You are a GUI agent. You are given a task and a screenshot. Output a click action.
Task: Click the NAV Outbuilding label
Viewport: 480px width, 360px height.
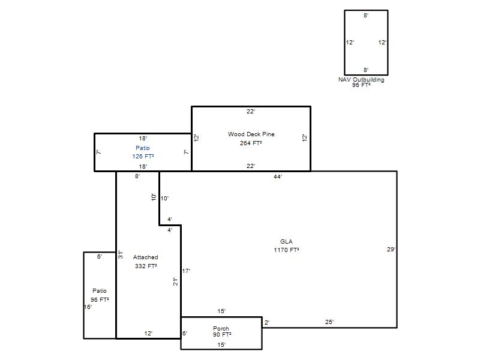tap(361, 80)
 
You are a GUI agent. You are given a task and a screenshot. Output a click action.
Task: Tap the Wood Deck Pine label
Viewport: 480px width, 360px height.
tap(251, 134)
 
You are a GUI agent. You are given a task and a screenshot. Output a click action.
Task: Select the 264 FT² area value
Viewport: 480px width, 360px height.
tap(251, 143)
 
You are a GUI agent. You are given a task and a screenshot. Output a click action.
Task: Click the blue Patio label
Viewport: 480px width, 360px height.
tap(143, 148)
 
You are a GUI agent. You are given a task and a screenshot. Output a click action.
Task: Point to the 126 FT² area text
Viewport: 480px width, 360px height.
tap(143, 157)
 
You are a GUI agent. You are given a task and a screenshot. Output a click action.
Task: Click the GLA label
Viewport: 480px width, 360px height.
tap(286, 242)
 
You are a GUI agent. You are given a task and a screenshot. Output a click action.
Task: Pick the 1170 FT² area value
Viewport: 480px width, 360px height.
tap(286, 250)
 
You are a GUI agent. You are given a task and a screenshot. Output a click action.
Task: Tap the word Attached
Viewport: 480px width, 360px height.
tap(145, 257)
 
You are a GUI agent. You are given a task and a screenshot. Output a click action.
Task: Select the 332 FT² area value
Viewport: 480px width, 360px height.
tap(146, 266)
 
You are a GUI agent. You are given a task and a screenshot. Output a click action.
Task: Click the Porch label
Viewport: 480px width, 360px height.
tap(221, 328)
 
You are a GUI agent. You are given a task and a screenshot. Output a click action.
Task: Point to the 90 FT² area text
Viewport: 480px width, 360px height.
tap(222, 335)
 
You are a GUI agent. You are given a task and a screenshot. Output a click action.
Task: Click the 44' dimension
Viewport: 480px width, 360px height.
tap(278, 176)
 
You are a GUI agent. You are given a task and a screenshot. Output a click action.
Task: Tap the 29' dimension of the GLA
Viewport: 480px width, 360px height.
tap(391, 250)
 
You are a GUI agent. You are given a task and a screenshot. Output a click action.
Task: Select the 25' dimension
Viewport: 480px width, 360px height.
tap(329, 322)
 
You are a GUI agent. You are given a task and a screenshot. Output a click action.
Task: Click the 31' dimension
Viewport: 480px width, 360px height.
tap(121, 254)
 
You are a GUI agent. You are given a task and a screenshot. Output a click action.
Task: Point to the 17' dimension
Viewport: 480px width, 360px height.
tap(186, 271)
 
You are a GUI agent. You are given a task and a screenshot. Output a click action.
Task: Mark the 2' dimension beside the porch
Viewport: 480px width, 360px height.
tap(267, 322)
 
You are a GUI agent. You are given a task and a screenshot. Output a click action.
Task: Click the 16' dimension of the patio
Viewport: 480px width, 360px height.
tap(88, 307)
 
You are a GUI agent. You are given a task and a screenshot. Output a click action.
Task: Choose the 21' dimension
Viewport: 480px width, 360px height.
tap(175, 281)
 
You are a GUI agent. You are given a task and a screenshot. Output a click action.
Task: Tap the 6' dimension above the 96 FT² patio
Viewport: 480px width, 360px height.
tap(100, 257)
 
